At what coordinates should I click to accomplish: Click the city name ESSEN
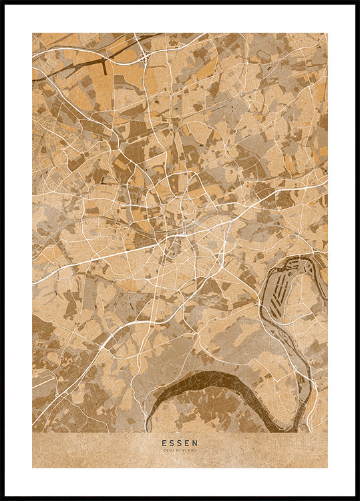pos(180,442)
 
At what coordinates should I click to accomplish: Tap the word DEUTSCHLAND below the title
pos(180,450)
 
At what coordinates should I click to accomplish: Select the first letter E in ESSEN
pos(164,442)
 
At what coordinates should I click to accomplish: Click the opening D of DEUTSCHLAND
pos(164,450)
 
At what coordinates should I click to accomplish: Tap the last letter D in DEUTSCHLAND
pos(196,450)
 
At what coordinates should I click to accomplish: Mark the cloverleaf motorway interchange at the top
pos(144,57)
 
